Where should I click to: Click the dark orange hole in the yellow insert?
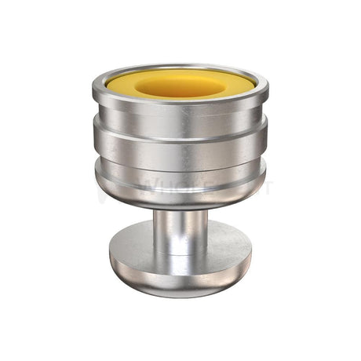tap(180, 85)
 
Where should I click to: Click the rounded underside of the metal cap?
tap(180, 199)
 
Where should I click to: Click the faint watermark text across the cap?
tap(180, 188)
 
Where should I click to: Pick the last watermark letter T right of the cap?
tap(270, 188)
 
